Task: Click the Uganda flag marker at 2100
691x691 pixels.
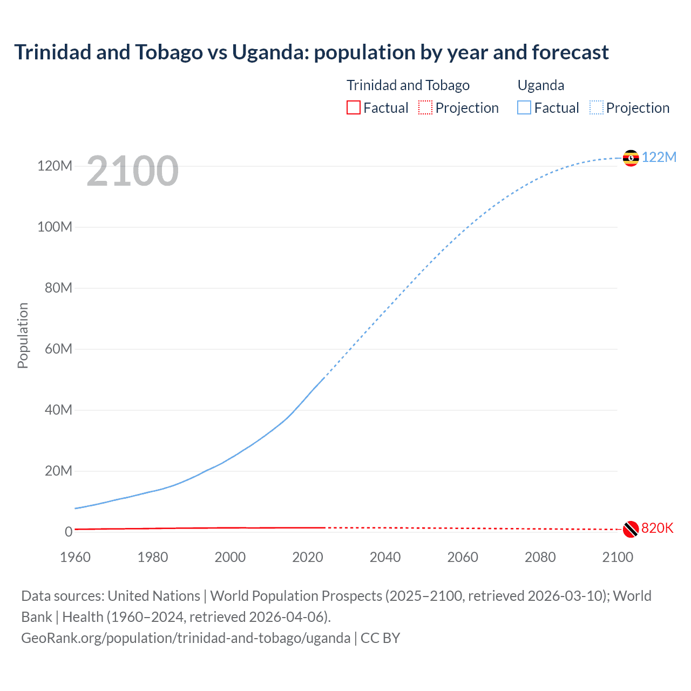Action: coord(631,158)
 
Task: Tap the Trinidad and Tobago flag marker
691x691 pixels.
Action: coord(631,529)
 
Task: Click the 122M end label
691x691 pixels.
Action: coord(659,157)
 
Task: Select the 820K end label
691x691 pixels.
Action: coord(657,528)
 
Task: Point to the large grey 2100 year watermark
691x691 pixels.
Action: coord(132,171)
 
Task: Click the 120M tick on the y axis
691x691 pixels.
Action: coord(55,166)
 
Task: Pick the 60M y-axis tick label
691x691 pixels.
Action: coord(58,349)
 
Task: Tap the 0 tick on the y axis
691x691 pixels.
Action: coord(69,532)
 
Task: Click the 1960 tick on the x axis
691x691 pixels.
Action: coord(75,557)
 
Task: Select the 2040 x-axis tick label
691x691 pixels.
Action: coord(385,557)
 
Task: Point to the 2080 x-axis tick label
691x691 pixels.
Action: coord(540,557)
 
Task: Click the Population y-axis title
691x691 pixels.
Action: coord(23,335)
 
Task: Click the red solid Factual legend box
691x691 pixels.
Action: coord(353,107)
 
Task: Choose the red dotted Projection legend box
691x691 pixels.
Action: coord(425,107)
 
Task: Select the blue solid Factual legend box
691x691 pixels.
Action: coord(524,107)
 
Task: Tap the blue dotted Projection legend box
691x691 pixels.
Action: coord(597,107)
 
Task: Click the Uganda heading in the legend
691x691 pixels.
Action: coord(541,85)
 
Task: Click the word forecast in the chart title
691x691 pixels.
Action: coord(570,52)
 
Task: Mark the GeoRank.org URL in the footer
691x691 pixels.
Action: coord(186,638)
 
